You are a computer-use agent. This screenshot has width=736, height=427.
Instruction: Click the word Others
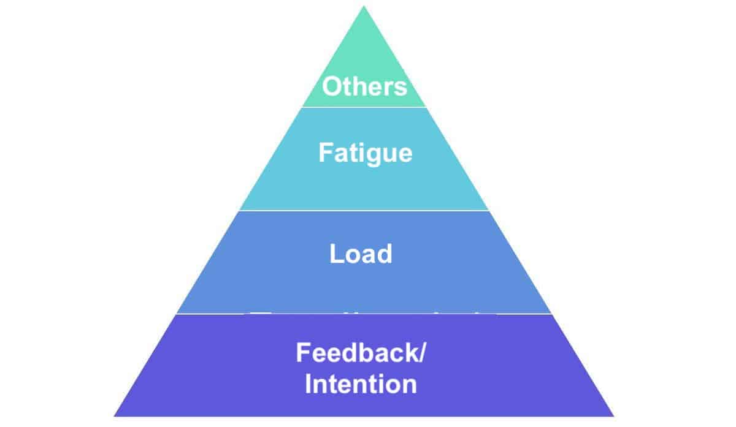click(x=364, y=86)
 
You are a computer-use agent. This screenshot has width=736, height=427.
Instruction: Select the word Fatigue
click(x=365, y=153)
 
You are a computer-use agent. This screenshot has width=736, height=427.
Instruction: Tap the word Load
click(x=361, y=254)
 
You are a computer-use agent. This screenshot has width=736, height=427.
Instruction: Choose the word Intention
click(x=361, y=385)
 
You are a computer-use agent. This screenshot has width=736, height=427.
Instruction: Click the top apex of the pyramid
click(x=364, y=7)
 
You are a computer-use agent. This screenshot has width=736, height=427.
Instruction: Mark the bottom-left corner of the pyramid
click(x=115, y=416)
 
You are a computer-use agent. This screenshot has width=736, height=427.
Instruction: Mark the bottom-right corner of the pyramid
click(x=613, y=416)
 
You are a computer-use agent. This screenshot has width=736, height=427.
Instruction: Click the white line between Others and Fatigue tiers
click(x=364, y=107)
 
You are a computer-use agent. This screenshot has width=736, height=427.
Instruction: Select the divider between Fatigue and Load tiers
click(x=364, y=210)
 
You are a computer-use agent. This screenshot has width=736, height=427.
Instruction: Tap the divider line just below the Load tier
click(x=364, y=314)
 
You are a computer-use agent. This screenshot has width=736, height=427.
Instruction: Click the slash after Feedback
click(x=421, y=353)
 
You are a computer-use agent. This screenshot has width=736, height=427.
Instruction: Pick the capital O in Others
click(x=332, y=86)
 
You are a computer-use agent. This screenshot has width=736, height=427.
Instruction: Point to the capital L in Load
click(x=335, y=254)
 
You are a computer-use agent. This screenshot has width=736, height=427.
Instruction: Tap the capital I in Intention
click(x=309, y=385)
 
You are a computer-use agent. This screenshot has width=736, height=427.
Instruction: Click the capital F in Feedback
click(x=302, y=353)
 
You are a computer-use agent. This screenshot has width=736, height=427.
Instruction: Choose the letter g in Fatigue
click(x=377, y=154)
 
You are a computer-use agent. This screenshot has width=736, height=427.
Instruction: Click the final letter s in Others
click(x=401, y=88)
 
